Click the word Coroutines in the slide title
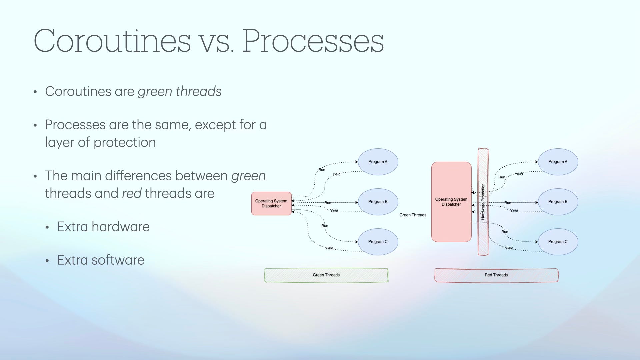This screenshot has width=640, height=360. coord(112,41)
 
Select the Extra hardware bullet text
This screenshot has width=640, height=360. coord(103,227)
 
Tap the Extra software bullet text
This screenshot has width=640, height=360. coord(101,260)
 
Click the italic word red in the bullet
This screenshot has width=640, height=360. coord(132,193)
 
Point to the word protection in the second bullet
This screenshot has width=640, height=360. coord(125,142)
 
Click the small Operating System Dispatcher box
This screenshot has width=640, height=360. coord(271,203)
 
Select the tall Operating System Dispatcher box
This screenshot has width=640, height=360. coord(451,202)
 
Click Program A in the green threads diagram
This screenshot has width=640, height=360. coord(378,162)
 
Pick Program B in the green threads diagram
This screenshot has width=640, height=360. coord(378,202)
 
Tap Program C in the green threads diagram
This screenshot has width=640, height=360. coord(378,242)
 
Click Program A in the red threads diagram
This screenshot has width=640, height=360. coord(558,162)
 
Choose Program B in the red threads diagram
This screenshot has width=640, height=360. coord(558,202)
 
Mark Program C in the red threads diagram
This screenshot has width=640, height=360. coord(558,242)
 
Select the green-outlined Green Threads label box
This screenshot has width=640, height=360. coord(326,275)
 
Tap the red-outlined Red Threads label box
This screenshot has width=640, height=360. coord(496,275)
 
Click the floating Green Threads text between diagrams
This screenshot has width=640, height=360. coord(413,215)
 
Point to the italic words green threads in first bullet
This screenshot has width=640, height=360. coord(180,91)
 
